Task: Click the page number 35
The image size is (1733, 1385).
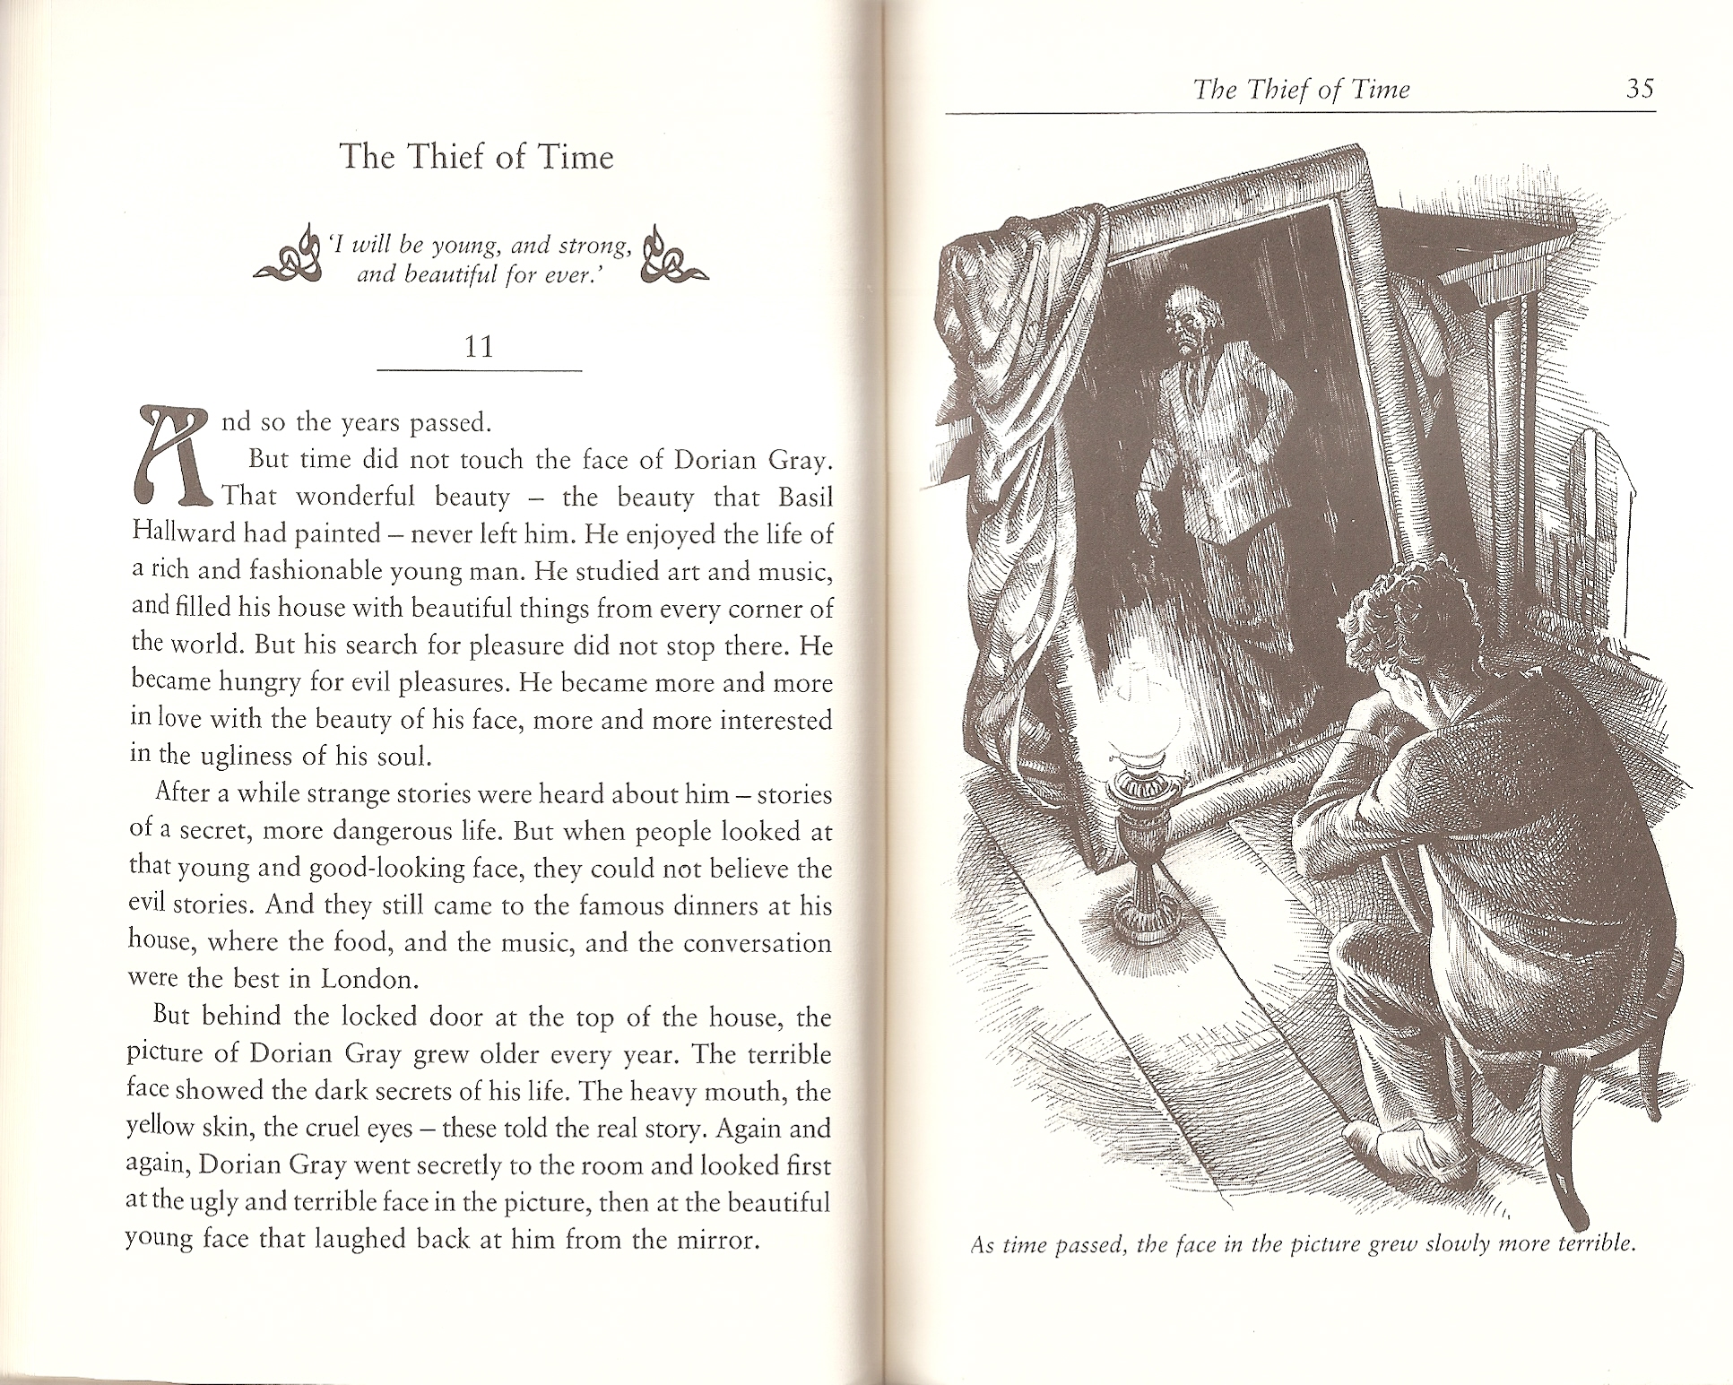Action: point(1640,90)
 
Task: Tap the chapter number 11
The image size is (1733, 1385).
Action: point(480,346)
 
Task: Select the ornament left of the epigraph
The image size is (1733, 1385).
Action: point(288,256)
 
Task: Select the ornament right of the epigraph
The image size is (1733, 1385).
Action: point(673,256)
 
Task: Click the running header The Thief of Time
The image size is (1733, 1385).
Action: point(1302,90)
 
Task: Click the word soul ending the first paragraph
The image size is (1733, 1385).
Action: point(408,757)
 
